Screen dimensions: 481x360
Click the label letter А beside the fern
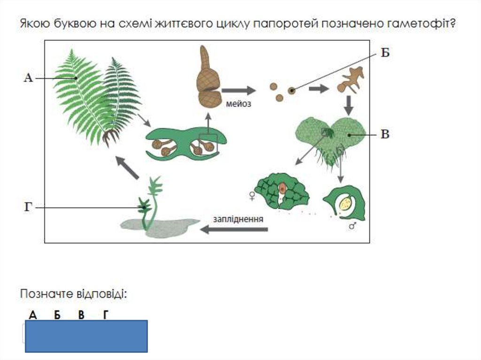pos(28,78)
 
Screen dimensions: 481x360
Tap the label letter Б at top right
pos(385,53)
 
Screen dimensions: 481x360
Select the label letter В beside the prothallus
pos(385,135)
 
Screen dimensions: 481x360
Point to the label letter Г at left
pos(28,207)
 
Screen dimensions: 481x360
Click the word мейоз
pos(239,104)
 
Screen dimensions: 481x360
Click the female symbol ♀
pos(253,195)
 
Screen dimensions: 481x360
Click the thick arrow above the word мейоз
pos(239,90)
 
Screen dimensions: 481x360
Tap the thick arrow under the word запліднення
pos(234,230)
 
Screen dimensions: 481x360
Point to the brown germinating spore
pos(349,80)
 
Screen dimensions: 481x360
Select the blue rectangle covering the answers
pos(86,336)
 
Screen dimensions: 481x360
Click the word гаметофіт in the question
pos(420,24)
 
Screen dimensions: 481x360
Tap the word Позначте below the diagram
pos(46,294)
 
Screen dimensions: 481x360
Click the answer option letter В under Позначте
pos(81,315)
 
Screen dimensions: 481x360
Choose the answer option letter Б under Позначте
pos(57,315)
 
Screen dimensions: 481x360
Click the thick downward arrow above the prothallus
pos(348,106)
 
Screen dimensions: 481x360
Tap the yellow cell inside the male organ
pos(347,203)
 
